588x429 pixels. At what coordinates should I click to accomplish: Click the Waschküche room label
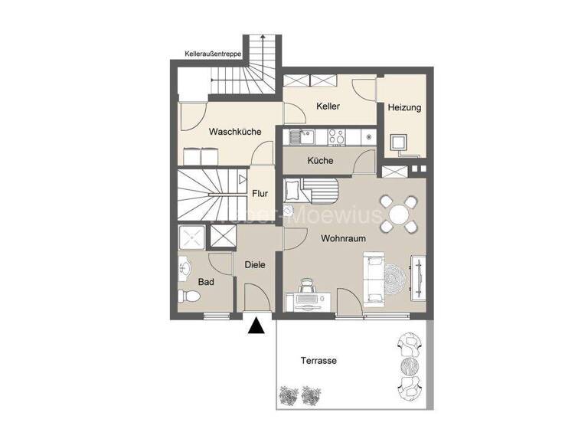pos(235,132)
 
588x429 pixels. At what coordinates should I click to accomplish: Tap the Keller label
pos(328,106)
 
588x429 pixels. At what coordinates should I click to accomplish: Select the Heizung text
pos(403,108)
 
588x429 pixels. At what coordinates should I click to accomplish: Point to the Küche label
pos(320,161)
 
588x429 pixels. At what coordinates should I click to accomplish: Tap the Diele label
pos(255,265)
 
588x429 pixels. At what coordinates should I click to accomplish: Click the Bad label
pos(206,282)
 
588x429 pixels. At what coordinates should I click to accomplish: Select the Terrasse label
pos(318,360)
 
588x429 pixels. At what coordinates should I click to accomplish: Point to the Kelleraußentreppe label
pos(214,54)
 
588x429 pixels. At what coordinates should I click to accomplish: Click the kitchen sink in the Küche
pos(302,138)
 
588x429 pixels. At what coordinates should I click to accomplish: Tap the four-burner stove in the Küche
pos(336,138)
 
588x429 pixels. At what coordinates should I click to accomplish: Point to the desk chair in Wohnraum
pos(308,286)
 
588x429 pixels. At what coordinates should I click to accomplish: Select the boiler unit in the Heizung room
pos(398,143)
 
